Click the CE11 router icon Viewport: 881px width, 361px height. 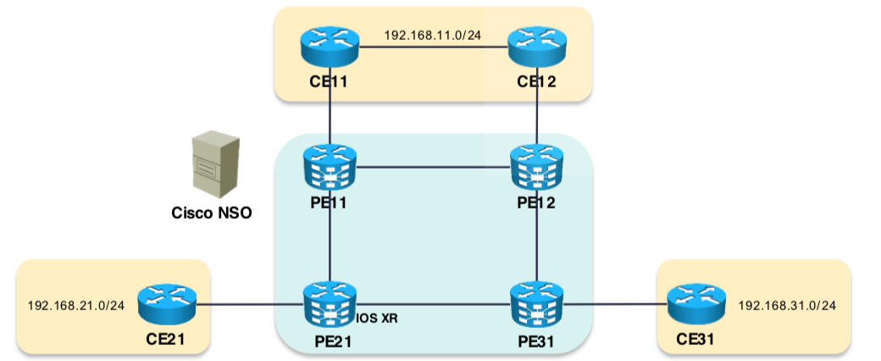coord(330,47)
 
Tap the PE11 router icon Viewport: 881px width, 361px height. coord(330,168)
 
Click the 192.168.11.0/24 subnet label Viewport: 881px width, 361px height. coord(432,36)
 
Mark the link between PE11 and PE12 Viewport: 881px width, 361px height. coord(434,167)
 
